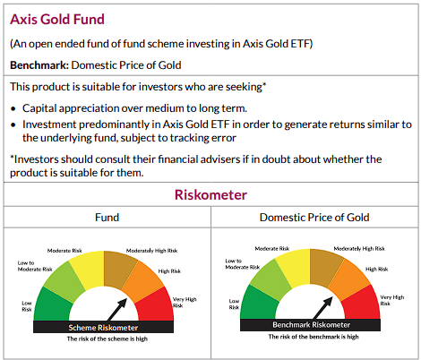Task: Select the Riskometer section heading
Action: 210,195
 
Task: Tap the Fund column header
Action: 107,218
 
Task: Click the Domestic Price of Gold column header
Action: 314,218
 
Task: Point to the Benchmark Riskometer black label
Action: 314,328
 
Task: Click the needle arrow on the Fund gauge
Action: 116,308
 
